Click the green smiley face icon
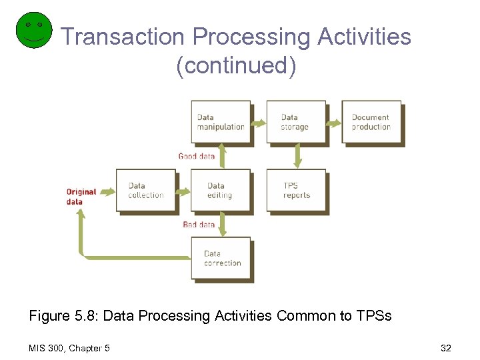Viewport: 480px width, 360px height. (33, 30)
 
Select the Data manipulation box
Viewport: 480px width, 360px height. (221, 122)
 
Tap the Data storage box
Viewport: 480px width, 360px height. (295, 122)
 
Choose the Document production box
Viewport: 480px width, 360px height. (371, 122)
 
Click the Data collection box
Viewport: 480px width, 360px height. (145, 191)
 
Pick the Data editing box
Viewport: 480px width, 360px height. (220, 191)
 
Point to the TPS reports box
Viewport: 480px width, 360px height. (296, 191)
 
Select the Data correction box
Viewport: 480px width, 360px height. (221, 259)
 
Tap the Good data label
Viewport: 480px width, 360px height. (196, 156)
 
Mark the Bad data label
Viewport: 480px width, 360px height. (199, 225)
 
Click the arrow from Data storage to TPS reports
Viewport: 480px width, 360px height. (297, 157)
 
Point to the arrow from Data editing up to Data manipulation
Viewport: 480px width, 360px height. (223, 157)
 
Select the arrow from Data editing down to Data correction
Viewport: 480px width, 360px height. (223, 225)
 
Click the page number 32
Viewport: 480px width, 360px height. (446, 348)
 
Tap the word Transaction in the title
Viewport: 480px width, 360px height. (121, 37)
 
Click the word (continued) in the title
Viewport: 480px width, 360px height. (236, 66)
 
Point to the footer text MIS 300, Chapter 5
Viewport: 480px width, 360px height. (70, 348)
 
